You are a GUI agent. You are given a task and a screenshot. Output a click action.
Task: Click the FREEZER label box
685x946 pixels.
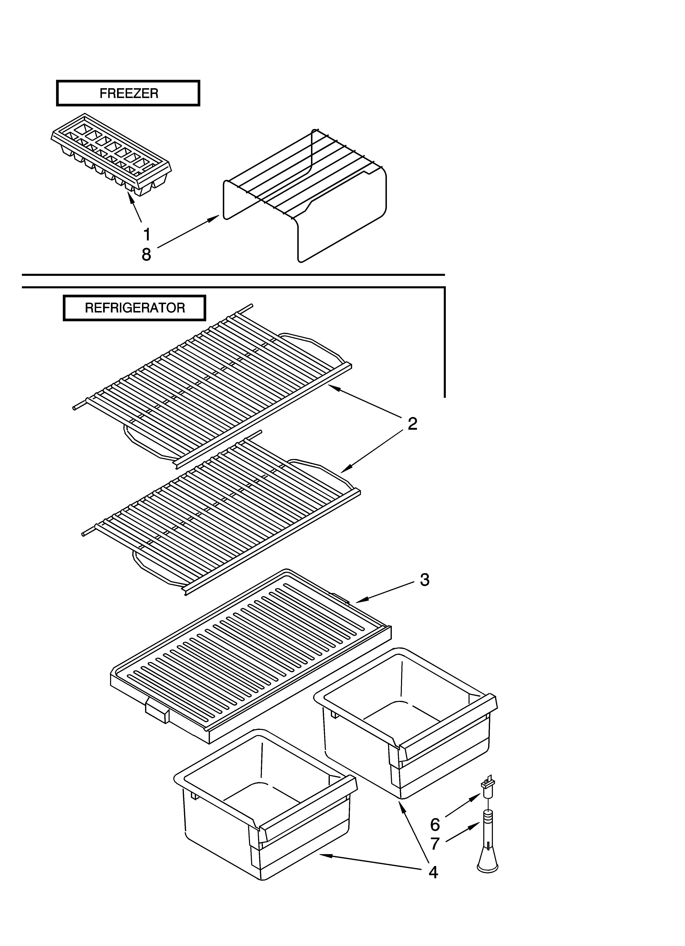click(x=128, y=93)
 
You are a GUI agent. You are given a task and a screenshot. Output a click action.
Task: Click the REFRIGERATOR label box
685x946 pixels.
click(x=134, y=308)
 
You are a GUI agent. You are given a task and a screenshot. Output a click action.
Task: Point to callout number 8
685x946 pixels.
click(x=146, y=254)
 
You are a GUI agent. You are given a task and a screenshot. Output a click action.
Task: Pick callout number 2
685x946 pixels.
click(x=412, y=424)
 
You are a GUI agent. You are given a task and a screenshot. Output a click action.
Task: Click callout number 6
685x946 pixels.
click(x=435, y=825)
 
